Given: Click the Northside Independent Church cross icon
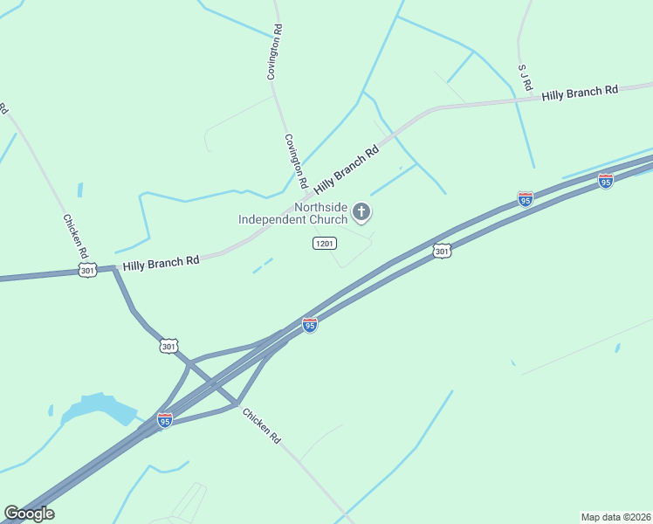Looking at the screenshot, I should [x=361, y=211].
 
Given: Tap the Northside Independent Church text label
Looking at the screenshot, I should [x=292, y=213].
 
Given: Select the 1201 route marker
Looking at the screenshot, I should [x=324, y=244].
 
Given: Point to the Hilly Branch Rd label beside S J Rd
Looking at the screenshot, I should [x=580, y=93].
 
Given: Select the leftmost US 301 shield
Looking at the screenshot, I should [x=87, y=272].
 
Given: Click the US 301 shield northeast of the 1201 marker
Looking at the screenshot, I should [x=443, y=252].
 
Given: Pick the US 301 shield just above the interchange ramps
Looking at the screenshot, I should [x=169, y=347].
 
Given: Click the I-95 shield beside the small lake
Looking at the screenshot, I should [x=165, y=420].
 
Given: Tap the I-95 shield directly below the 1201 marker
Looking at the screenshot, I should [x=309, y=324].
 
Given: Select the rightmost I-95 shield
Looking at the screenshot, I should [x=605, y=181].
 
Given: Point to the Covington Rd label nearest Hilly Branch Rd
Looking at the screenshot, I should [x=294, y=162].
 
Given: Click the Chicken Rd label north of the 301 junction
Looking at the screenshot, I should [x=74, y=236].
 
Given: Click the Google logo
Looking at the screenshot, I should [x=29, y=514].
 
